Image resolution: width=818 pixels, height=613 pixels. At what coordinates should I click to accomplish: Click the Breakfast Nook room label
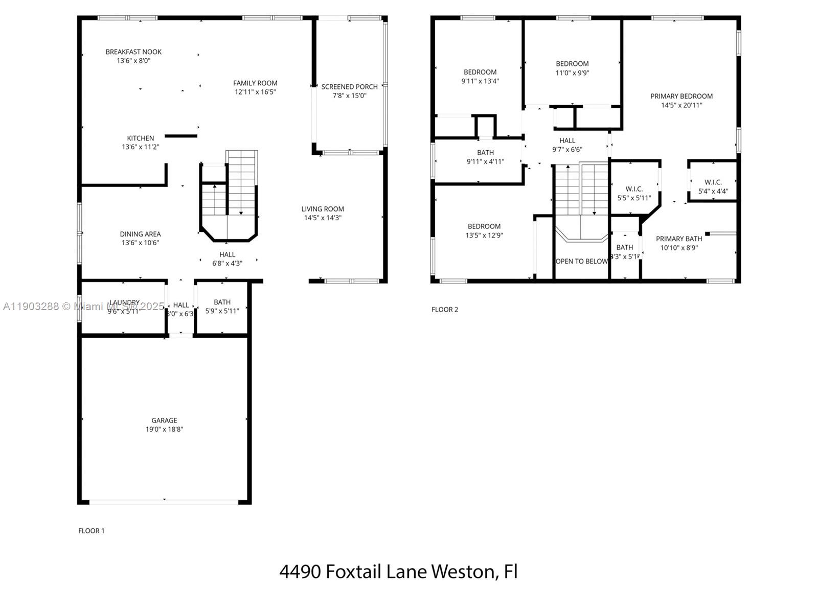point(133,52)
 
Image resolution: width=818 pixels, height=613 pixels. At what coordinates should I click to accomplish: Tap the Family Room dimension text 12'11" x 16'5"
point(255,92)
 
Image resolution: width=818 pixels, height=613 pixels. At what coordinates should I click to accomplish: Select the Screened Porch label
point(349,87)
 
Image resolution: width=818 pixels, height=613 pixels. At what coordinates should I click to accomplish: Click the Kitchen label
point(140,138)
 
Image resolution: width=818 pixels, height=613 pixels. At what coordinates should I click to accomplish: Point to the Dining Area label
point(140,234)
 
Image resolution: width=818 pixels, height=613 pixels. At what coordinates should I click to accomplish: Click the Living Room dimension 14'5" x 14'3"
point(322,218)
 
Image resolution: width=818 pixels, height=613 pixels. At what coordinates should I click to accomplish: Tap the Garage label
point(164,420)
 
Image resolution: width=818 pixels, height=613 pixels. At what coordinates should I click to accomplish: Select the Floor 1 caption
point(91,531)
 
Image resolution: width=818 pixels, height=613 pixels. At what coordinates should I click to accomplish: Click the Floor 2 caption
point(444,310)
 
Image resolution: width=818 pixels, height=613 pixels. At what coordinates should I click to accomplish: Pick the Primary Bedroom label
point(681,96)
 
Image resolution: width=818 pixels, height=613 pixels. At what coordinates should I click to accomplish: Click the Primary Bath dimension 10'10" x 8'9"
point(678,248)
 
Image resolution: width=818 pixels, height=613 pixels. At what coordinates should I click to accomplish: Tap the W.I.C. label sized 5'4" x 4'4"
point(713,182)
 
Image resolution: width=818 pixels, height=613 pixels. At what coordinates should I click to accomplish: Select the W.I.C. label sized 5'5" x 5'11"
point(634,189)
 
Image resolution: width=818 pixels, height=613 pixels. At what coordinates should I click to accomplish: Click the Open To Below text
point(581,262)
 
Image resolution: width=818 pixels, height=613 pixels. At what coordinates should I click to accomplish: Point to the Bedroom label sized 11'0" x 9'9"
point(572,64)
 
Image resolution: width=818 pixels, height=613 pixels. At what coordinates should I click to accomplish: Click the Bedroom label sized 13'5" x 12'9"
point(484,226)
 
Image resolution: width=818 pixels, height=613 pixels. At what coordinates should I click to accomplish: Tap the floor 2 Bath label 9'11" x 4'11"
point(485,153)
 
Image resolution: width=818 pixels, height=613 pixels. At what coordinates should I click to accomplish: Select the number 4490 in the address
point(300,571)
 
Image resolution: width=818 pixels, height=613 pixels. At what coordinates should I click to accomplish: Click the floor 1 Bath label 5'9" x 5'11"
point(222,302)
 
